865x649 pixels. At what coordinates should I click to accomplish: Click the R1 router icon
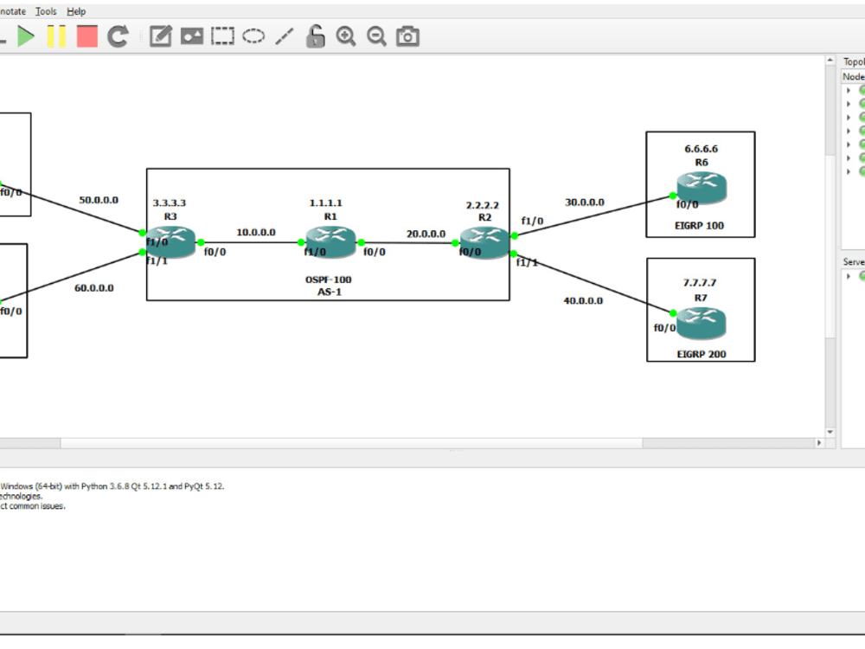point(330,241)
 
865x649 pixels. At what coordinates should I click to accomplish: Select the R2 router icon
point(484,242)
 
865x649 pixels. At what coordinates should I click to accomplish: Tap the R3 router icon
point(170,242)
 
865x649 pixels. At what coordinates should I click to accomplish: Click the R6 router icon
point(702,188)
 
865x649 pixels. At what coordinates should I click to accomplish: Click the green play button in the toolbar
point(27,36)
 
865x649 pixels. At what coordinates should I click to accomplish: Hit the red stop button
point(87,36)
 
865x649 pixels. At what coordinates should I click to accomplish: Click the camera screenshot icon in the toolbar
point(407,36)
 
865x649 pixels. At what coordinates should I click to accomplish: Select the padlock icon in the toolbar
point(316,36)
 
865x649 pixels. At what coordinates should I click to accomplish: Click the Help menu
point(76,11)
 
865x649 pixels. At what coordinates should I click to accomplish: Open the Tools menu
point(46,11)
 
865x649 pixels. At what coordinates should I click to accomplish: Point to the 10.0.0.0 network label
point(256,233)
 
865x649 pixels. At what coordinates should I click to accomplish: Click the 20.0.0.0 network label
point(426,234)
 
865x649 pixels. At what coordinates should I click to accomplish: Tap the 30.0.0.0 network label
point(585,202)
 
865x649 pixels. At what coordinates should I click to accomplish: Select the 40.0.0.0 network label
point(583,301)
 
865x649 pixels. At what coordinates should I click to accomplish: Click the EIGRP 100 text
point(701,226)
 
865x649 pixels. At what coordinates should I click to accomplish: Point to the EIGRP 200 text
point(702,355)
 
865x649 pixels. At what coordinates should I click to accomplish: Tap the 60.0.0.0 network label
point(93,288)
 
